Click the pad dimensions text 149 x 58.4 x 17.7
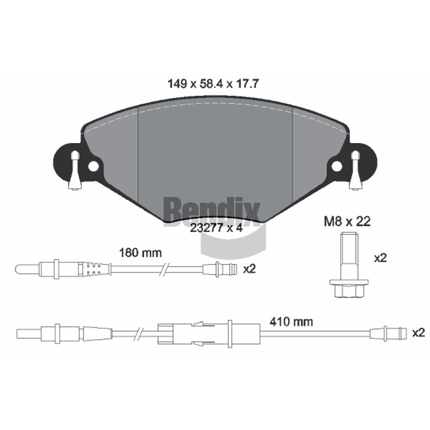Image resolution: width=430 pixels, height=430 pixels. tap(213, 84)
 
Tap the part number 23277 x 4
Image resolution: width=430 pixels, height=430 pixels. tap(217, 227)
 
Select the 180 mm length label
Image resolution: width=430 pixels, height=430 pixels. tap(140, 253)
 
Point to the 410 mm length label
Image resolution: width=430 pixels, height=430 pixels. tap(291, 321)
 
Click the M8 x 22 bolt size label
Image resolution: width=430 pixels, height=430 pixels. tap(347, 221)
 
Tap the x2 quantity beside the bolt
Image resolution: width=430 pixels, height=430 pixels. tap(381, 258)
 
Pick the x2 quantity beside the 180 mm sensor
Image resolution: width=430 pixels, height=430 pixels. tap(249, 269)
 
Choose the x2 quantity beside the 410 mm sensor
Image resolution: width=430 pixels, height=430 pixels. tap(419, 333)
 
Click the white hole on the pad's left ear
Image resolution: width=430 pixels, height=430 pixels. tap(93, 166)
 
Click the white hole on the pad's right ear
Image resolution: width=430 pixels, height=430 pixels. tap(337, 166)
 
